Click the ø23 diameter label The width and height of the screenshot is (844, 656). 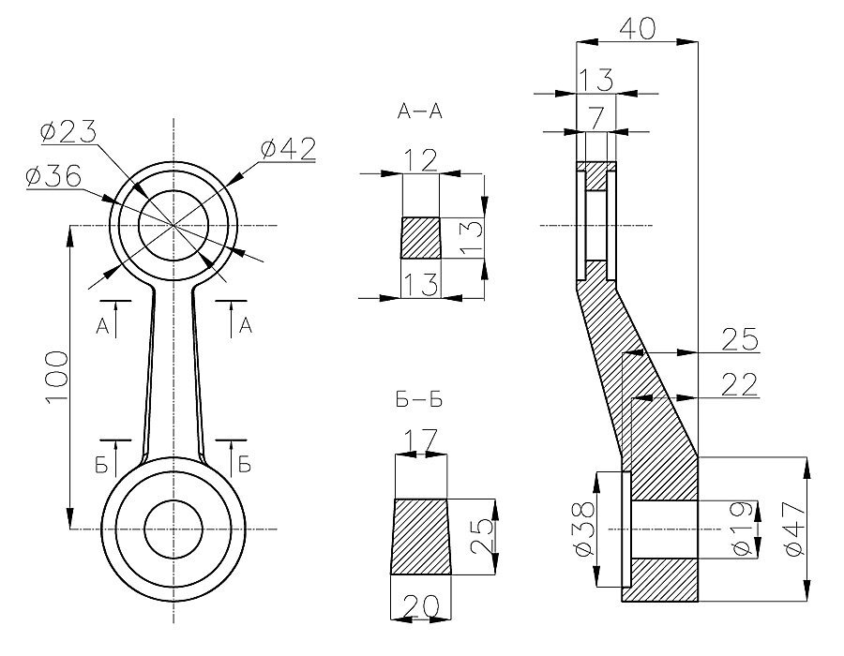[68, 133]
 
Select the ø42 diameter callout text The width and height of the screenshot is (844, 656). [288, 147]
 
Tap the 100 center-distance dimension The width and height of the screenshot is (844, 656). [56, 378]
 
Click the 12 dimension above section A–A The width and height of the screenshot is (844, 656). [421, 160]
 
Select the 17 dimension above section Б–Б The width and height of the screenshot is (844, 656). [419, 439]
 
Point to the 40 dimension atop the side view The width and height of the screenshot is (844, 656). [637, 28]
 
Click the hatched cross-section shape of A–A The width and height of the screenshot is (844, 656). [420, 238]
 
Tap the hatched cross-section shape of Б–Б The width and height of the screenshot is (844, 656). [421, 535]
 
